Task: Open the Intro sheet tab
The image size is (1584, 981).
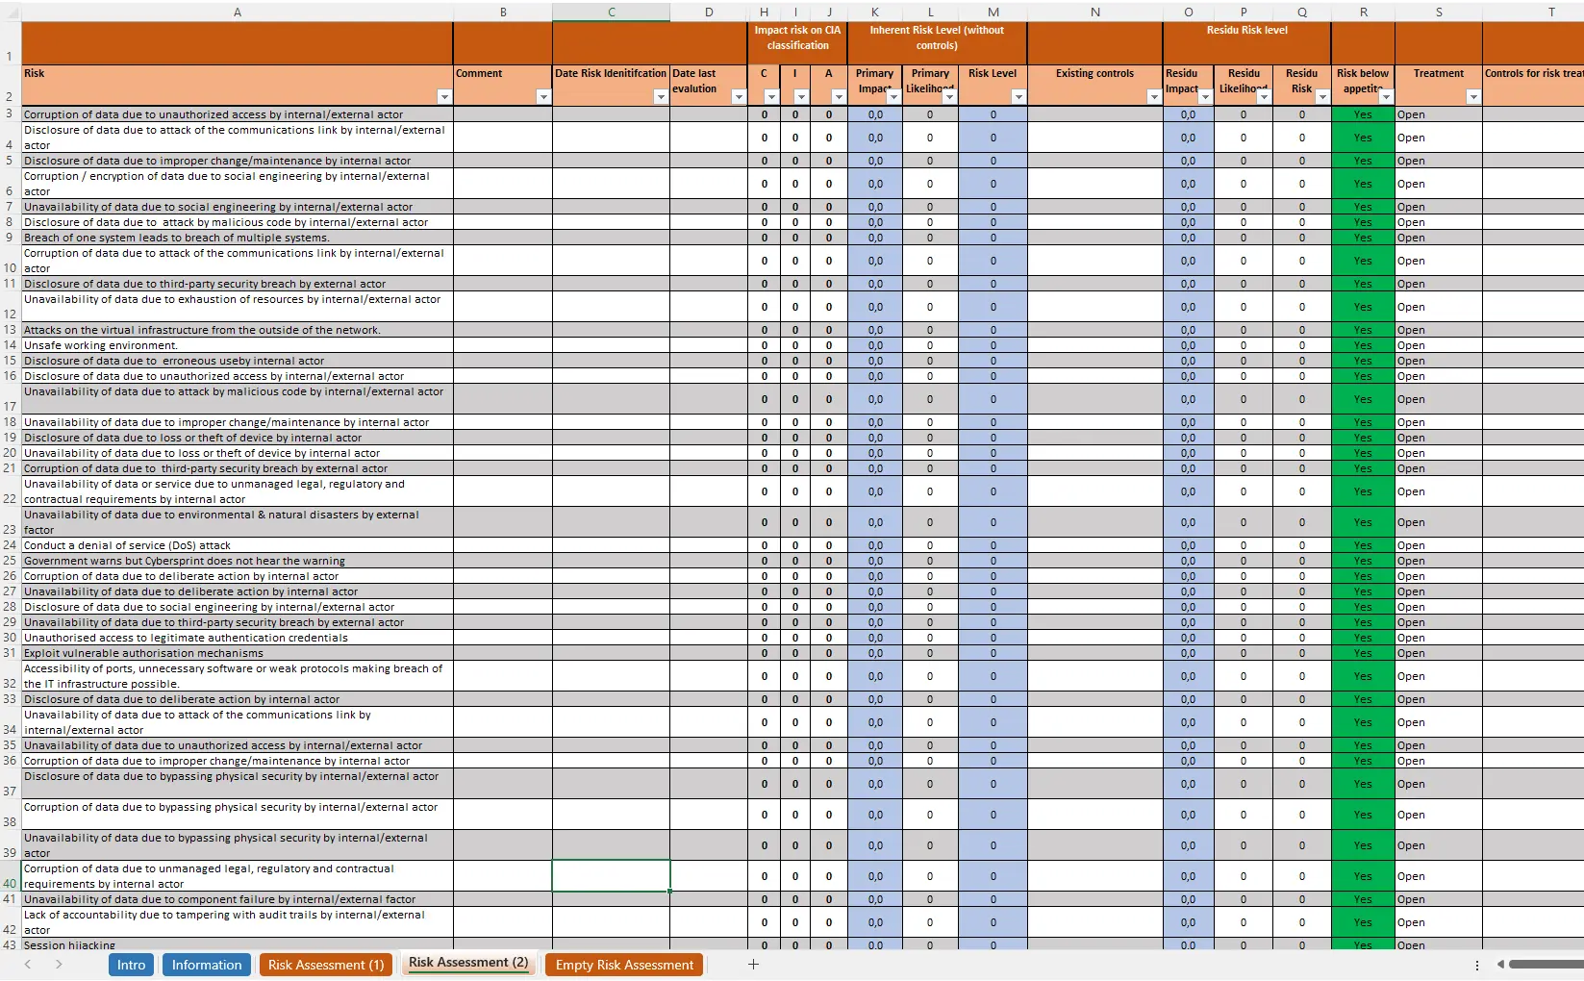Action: [131, 965]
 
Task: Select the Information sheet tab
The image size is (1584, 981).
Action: [207, 965]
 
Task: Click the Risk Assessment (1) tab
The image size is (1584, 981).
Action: [325, 965]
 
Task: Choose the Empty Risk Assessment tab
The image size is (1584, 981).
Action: [624, 965]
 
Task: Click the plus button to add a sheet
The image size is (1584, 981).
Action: [753, 964]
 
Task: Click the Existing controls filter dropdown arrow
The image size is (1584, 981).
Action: [1153, 96]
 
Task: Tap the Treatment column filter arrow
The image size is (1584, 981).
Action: [1472, 96]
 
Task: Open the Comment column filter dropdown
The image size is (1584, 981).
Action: [542, 96]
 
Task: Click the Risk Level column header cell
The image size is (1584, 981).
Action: [992, 74]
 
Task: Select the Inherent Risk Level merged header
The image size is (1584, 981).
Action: [936, 38]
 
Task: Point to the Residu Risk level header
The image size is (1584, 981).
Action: [1246, 31]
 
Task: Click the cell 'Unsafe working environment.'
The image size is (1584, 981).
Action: [101, 345]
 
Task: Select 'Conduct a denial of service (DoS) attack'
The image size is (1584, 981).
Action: [127, 545]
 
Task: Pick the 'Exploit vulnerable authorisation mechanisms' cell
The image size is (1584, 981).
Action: [143, 653]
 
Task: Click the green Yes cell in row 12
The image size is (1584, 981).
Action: [1363, 307]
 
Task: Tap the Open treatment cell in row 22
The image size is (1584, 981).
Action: [1411, 491]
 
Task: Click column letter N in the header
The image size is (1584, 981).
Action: [1094, 12]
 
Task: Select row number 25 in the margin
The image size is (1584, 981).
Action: [10, 561]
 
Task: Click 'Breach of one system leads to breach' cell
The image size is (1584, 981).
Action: [177, 238]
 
